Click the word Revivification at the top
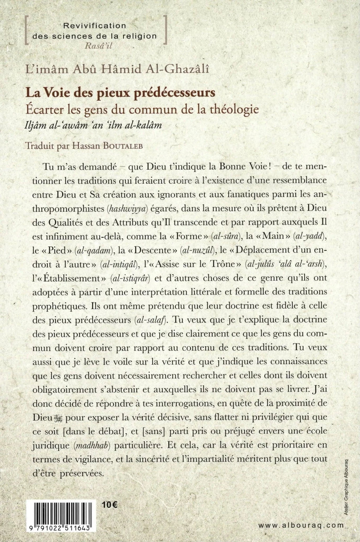coord(94,26)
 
